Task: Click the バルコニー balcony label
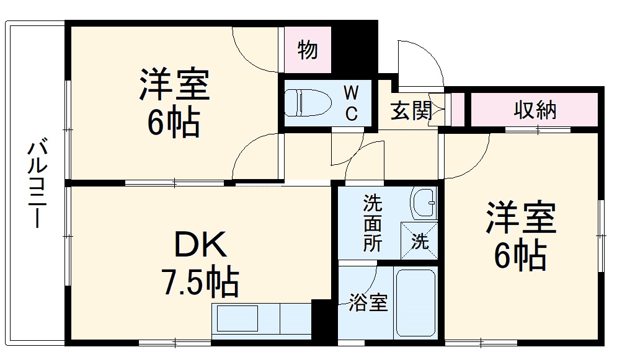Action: click(36, 185)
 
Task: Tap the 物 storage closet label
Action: click(308, 50)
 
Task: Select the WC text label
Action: click(351, 103)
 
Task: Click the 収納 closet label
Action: click(535, 110)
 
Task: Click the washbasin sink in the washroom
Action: click(424, 203)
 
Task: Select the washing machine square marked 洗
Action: click(420, 240)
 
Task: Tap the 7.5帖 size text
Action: click(200, 283)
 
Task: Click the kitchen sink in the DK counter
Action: click(237, 318)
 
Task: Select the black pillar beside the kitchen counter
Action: click(322, 319)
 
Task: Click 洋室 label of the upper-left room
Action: click(174, 86)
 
